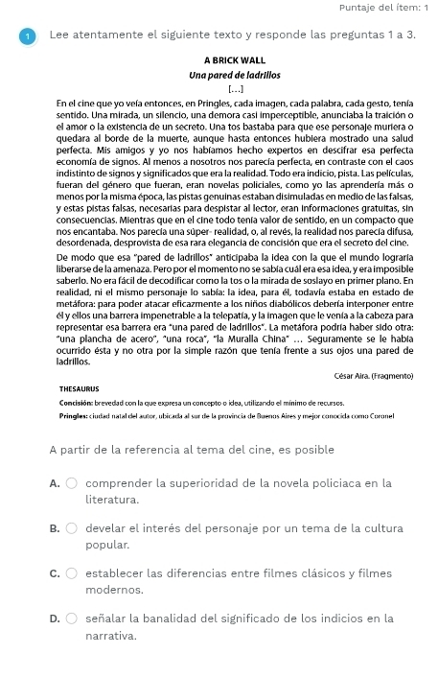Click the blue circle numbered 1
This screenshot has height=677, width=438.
coord(27,35)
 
